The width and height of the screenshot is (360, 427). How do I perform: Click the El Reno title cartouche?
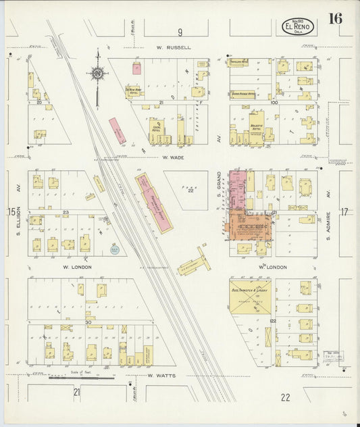point(297,26)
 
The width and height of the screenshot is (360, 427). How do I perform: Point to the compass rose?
point(98,72)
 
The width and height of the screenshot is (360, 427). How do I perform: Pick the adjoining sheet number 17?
point(344,212)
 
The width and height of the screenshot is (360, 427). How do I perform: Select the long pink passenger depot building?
point(152,203)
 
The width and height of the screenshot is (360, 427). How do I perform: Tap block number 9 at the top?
point(180,32)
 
